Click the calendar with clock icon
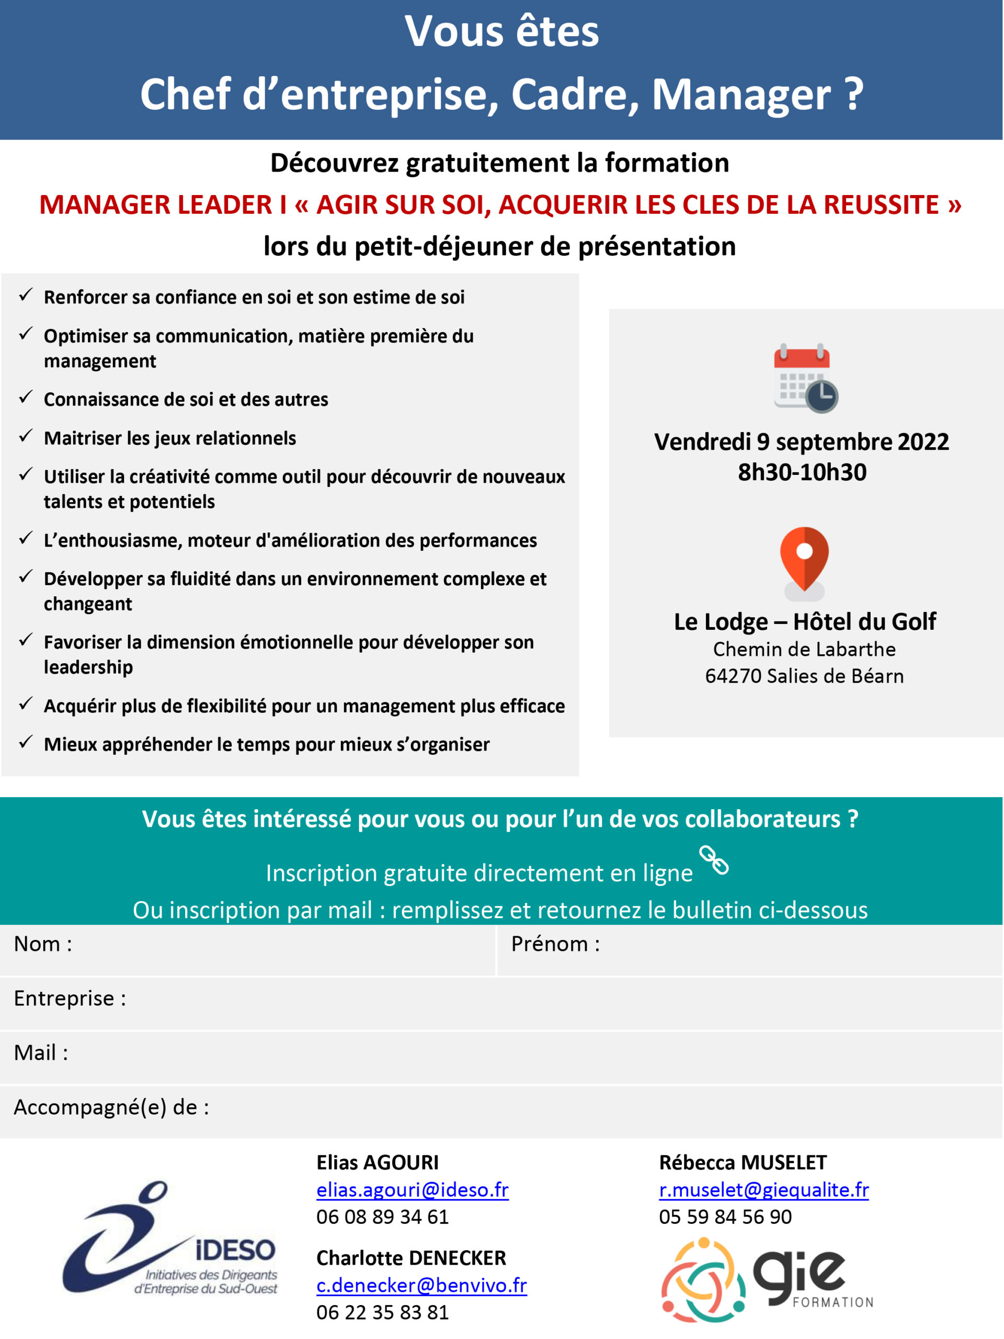coord(805,378)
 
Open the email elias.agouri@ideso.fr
coord(412,1190)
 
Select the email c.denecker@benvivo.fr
coord(421,1285)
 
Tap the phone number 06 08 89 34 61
coord(382,1217)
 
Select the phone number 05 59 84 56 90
coord(725,1217)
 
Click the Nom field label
coord(43,944)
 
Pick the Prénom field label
coord(555,944)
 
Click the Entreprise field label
coord(70,998)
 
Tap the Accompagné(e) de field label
coord(111,1107)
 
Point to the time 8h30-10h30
coord(802,472)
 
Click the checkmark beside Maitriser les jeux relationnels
coord(26,436)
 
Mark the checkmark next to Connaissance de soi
coord(26,398)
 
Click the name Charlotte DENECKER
coord(411,1258)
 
